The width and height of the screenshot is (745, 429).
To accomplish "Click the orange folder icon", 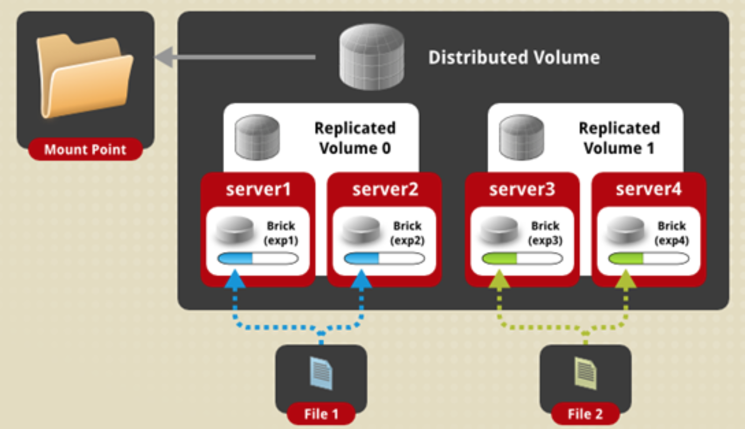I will point(85,76).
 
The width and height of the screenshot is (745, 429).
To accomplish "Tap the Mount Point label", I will point(85,150).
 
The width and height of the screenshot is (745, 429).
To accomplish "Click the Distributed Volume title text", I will point(514,58).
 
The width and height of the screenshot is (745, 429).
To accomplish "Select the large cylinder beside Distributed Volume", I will point(372,57).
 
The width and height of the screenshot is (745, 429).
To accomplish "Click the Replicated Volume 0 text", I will point(355,138).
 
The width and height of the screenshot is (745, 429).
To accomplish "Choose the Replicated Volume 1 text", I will point(619,138).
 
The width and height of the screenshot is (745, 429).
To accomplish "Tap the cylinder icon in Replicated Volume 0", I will point(257,137).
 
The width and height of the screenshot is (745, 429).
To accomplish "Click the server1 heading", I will point(258,189).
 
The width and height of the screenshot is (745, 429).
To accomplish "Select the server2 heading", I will point(385,189).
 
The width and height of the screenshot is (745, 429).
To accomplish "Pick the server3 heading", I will point(522,189).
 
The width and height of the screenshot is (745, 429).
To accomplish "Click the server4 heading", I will point(648,189).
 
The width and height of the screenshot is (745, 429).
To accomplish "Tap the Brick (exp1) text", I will point(281,233).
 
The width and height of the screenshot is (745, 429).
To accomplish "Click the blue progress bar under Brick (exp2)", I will point(384,259).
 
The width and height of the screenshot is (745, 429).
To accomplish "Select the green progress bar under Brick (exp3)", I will point(522,259).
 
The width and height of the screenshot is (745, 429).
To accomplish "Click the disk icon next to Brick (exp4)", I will point(625,230).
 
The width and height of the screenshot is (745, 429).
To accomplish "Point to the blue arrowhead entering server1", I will point(235,279).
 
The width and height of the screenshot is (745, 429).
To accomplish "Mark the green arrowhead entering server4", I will point(626,279).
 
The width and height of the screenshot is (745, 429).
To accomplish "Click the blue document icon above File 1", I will point(321,373).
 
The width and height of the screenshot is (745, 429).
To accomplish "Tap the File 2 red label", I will point(585,414).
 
